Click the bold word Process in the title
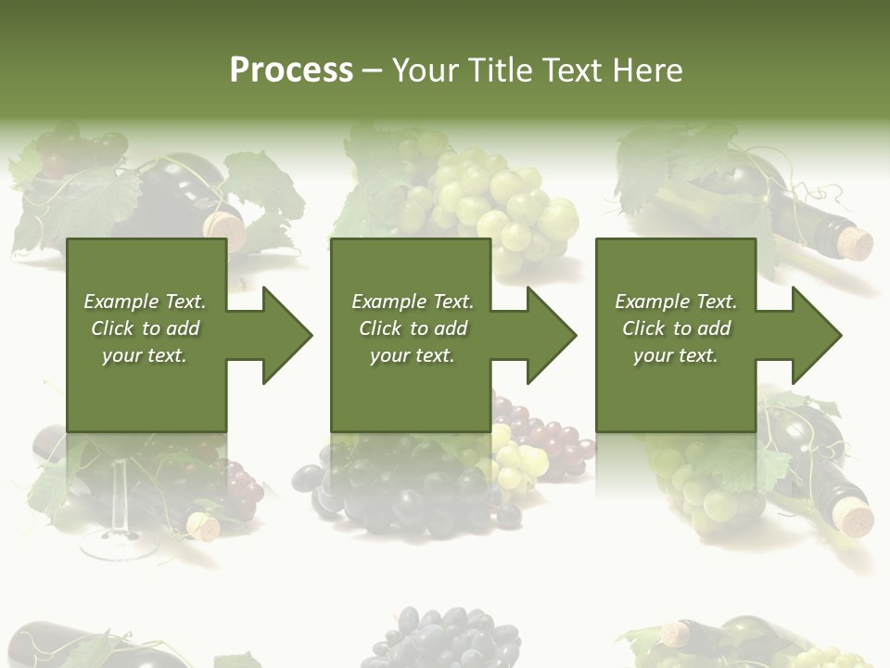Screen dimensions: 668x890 (x=291, y=71)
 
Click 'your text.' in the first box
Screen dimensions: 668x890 (x=145, y=355)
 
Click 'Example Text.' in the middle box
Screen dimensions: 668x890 (x=412, y=302)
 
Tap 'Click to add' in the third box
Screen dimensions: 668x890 (x=676, y=328)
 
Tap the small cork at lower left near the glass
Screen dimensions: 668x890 (x=204, y=527)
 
